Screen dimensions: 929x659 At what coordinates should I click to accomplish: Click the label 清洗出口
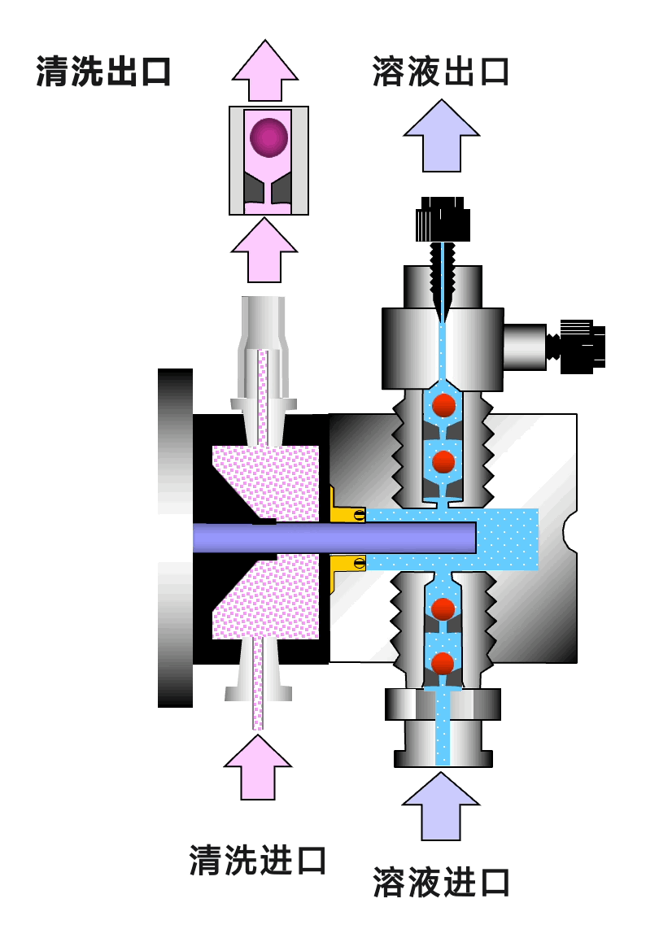pos(103,72)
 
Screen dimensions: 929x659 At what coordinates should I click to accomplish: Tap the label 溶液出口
pos(440,72)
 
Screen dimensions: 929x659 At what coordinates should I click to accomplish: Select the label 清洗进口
pos(258,859)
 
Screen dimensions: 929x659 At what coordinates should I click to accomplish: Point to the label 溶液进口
pos(442,882)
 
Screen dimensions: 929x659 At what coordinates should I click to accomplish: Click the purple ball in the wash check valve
pos(268,137)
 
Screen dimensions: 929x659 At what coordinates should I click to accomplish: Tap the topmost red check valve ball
pos(443,405)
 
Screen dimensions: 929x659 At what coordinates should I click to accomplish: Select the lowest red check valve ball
pos(443,663)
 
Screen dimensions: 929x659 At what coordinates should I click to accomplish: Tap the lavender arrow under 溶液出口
pos(442,137)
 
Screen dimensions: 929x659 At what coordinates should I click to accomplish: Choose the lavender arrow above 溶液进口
pos(442,805)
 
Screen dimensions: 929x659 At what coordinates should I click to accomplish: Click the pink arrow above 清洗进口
pos(258,766)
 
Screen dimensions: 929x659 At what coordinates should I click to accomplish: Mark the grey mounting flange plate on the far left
pos(175,537)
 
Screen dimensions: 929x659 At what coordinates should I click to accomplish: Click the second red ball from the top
pos(443,462)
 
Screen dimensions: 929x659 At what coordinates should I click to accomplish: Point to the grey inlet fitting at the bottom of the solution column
pos(443,728)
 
